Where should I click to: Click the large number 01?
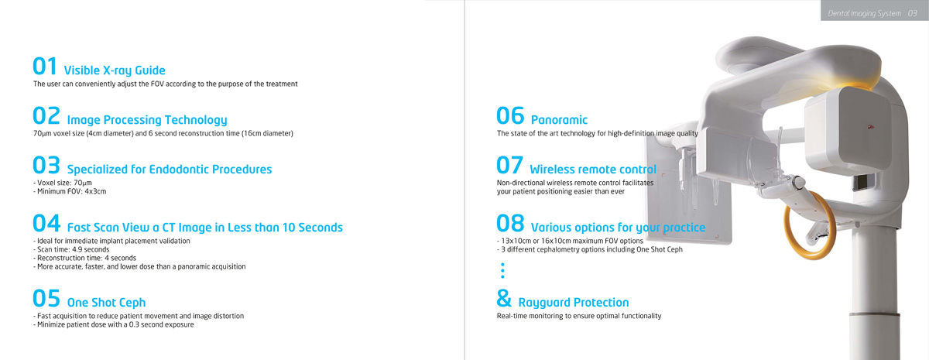point(45,67)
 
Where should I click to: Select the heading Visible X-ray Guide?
point(115,70)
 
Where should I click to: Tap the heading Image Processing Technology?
point(147,120)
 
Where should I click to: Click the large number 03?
point(46,165)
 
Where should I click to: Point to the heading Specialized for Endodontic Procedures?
point(170,170)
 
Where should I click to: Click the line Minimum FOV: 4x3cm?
point(70,192)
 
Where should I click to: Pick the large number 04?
point(46,223)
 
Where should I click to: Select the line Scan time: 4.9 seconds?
point(71,249)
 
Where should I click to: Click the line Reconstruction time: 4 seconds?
point(84,258)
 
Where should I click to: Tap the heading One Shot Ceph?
point(107,303)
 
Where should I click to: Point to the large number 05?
point(46,298)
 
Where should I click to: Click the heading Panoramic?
point(559,120)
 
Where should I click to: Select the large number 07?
point(509,165)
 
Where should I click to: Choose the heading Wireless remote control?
point(593,170)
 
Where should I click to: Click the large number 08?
point(510,223)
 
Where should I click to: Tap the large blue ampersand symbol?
point(504,298)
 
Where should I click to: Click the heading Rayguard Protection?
point(574,303)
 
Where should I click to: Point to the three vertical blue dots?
point(502,270)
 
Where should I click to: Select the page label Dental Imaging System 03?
point(872,13)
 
